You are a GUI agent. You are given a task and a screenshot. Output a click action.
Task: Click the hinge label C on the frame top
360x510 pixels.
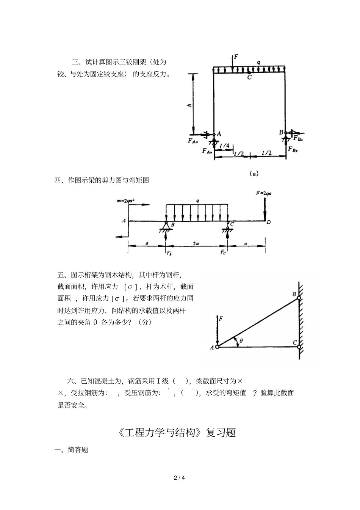coord(249,77)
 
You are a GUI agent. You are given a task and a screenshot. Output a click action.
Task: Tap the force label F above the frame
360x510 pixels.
coord(236,57)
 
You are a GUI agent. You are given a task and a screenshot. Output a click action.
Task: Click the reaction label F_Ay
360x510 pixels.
coord(207,151)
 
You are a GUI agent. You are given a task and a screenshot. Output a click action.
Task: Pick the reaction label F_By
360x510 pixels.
coord(293,149)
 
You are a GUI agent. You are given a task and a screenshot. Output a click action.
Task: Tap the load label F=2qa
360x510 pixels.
coord(263,193)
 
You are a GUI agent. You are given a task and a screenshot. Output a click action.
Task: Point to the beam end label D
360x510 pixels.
coord(268,222)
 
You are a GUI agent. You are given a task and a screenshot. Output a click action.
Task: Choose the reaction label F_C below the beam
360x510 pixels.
coord(224,252)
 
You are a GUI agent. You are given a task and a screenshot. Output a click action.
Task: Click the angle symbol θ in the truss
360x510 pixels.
coord(241,341)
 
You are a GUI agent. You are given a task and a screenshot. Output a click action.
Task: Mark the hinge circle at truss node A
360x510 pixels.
coord(217,346)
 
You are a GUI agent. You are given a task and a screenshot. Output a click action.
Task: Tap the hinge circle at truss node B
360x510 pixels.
coord(299,298)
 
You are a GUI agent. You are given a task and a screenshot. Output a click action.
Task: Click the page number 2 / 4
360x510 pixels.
coord(180,477)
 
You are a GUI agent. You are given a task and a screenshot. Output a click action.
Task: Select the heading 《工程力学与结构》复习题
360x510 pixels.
coord(177,432)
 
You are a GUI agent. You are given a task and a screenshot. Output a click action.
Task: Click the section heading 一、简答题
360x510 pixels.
coord(72,450)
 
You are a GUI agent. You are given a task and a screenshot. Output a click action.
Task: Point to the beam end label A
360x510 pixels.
coord(124,220)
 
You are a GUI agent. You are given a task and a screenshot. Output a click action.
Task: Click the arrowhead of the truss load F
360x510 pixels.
coord(217,342)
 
